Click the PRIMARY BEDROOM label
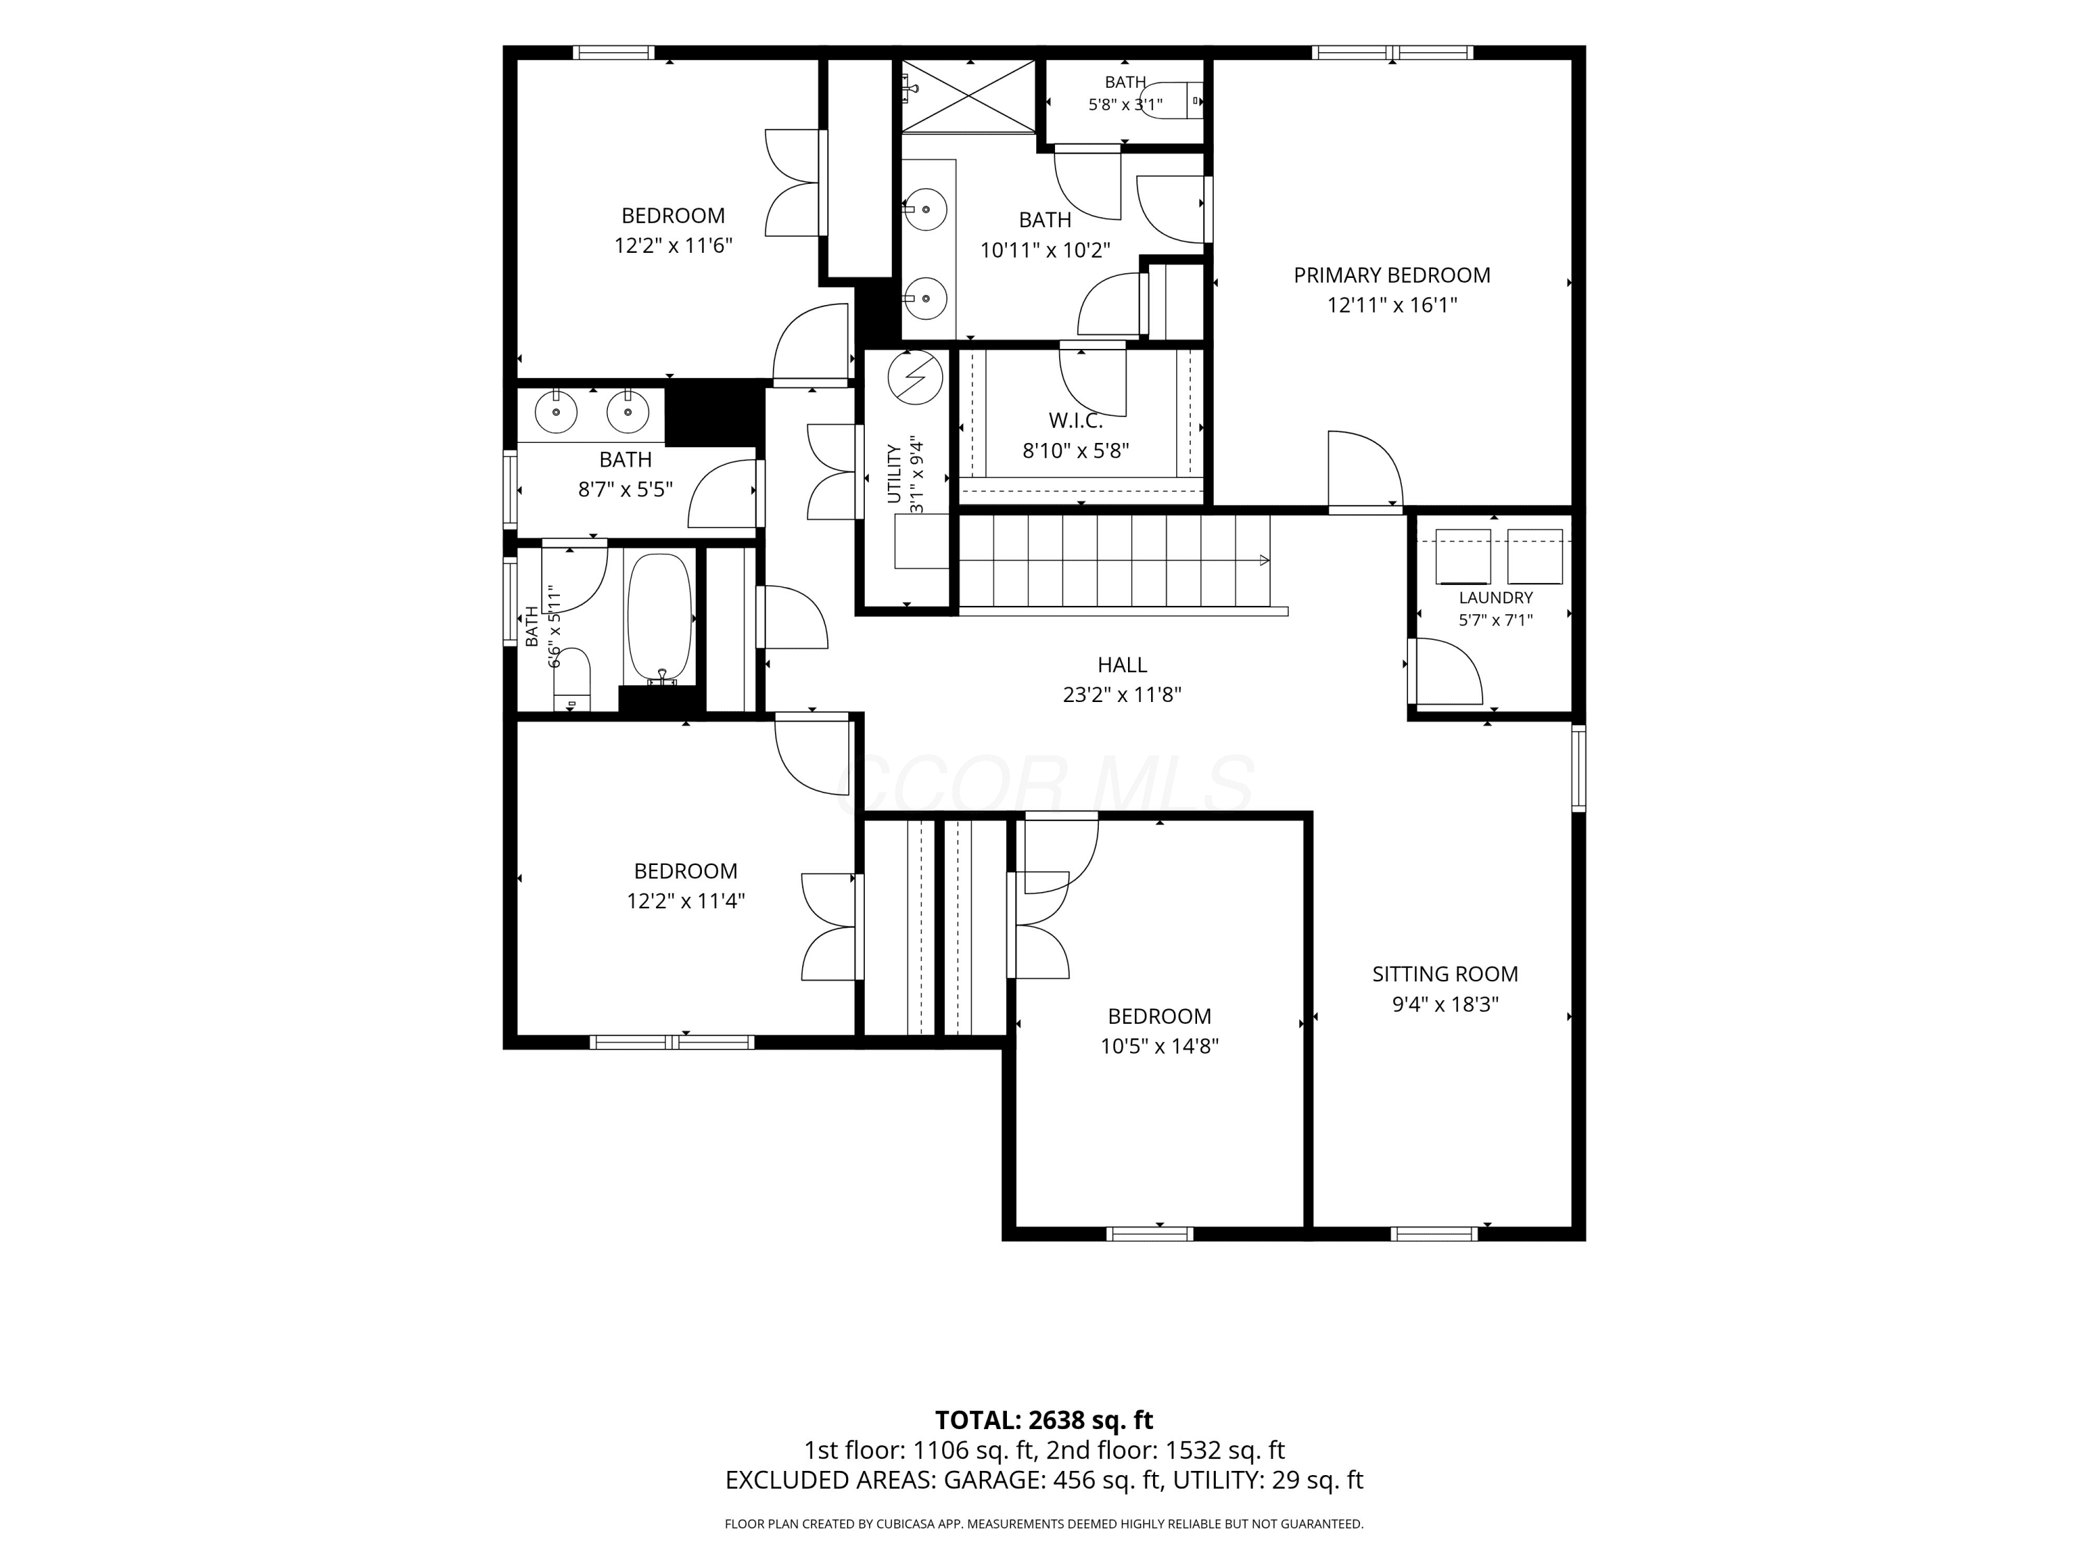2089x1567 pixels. [1391, 275]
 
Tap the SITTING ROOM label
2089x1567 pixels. [1445, 974]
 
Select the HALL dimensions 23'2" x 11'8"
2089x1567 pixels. [1122, 694]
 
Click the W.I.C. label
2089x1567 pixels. [1076, 421]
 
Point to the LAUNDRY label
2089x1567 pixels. [1495, 597]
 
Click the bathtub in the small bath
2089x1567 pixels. [659, 618]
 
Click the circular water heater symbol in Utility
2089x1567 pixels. [915, 377]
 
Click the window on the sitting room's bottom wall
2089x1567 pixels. [1434, 1233]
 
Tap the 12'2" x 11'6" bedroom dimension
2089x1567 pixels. [673, 246]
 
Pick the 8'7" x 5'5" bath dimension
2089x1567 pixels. [625, 490]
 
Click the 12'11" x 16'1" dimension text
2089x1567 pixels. [1392, 305]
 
